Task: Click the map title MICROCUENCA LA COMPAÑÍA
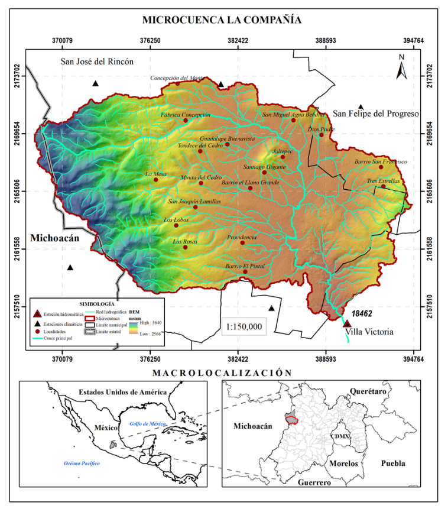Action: [222, 20]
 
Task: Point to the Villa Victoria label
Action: [369, 332]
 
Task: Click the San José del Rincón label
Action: [98, 61]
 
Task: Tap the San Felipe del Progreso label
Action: [376, 114]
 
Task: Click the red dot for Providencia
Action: [242, 242]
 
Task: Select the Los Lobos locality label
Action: [175, 220]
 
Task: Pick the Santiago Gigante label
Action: [264, 167]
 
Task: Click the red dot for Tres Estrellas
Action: [383, 187]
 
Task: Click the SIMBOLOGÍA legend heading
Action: [97, 303]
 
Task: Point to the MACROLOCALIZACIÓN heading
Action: [222, 372]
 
